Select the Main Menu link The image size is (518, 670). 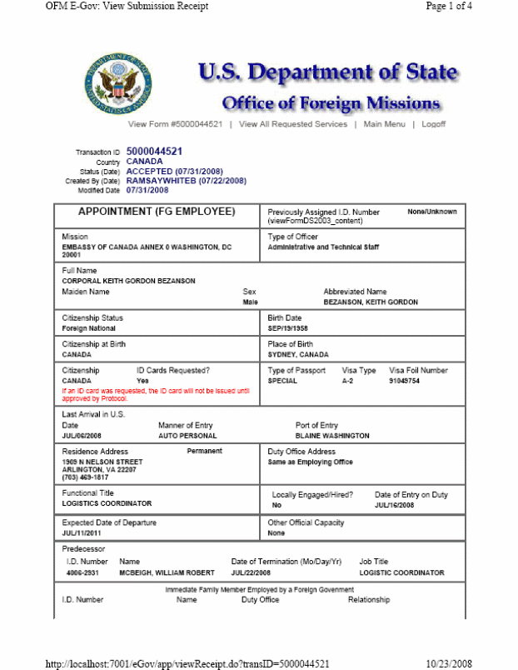(x=384, y=124)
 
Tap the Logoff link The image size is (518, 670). (x=433, y=124)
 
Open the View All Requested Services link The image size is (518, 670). (x=293, y=124)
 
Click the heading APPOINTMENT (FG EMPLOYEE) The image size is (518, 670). (x=157, y=212)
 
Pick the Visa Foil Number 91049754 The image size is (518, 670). (x=406, y=381)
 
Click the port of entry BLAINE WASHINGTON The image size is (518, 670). (x=332, y=436)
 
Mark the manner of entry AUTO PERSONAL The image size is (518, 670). (x=187, y=436)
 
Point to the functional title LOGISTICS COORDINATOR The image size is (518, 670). (x=107, y=504)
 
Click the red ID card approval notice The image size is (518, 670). (x=156, y=393)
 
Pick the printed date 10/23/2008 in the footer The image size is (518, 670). (x=449, y=663)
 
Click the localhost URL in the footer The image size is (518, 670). (x=187, y=663)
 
